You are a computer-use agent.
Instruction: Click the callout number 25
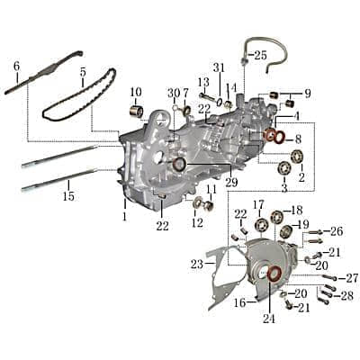click(260, 55)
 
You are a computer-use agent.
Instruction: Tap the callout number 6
click(16, 66)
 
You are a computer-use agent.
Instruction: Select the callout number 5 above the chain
click(83, 72)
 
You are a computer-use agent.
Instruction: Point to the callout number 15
click(68, 196)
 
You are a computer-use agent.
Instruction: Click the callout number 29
click(231, 182)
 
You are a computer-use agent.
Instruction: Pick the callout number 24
click(269, 319)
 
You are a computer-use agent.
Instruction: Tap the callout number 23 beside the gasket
click(197, 265)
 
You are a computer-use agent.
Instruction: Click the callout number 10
click(136, 92)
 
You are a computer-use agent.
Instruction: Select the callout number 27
click(352, 278)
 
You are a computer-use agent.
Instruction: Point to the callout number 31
click(219, 67)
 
